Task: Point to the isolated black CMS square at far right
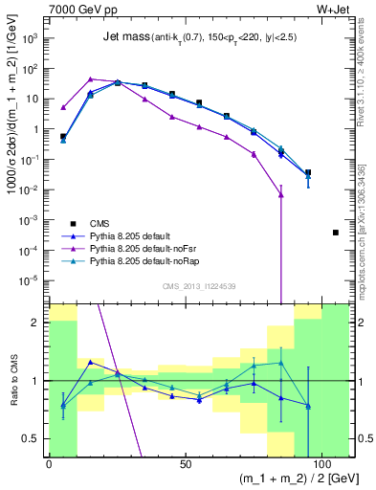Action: point(336,233)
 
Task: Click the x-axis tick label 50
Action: point(185,463)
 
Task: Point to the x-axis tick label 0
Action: point(49,463)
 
